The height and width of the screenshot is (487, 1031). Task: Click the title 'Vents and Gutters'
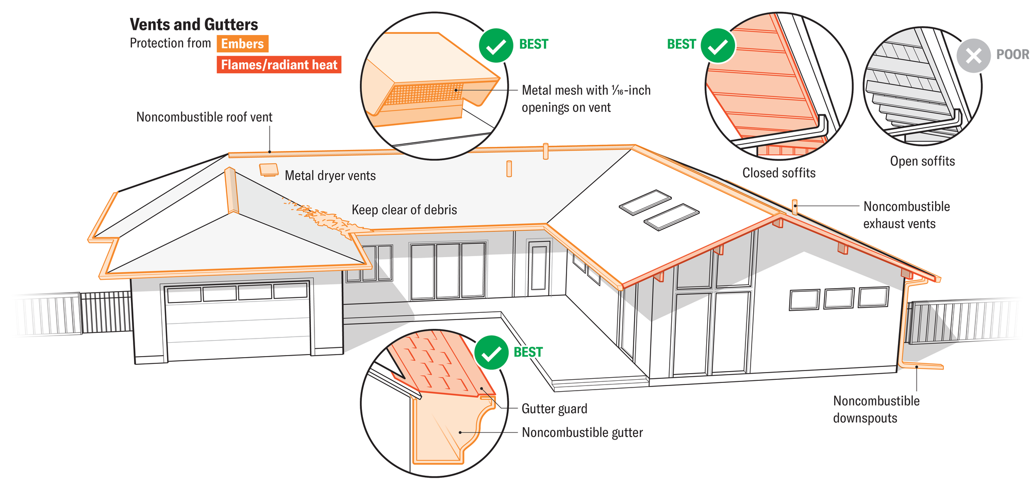[194, 24]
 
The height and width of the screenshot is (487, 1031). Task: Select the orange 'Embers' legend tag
[242, 44]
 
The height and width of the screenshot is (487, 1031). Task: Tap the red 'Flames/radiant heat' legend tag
[279, 65]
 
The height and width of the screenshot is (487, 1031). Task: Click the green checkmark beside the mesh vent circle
[496, 46]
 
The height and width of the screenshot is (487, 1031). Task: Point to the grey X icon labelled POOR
[973, 56]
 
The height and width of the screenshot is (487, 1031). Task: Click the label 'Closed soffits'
[778, 173]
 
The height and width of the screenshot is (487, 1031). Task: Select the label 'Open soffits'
[922, 161]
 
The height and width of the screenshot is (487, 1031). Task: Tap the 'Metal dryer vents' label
[330, 176]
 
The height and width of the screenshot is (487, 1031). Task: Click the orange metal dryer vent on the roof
[269, 170]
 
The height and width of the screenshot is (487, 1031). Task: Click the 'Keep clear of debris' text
[404, 210]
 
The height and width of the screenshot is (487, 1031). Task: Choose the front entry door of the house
[539, 268]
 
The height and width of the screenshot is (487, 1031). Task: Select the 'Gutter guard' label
[554, 409]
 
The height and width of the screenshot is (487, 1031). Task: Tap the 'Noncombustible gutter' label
[582, 432]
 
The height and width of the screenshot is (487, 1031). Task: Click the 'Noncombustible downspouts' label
[876, 409]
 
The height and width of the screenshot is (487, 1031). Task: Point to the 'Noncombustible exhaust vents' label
[906, 215]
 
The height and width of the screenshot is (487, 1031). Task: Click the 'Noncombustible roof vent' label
[204, 117]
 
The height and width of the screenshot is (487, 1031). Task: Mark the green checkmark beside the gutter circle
[491, 353]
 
